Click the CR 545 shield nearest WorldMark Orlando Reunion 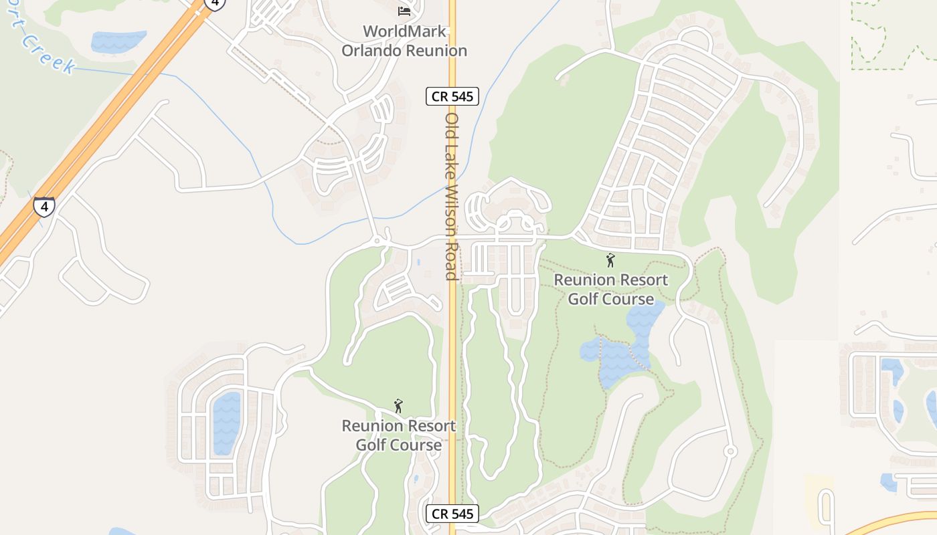[x=452, y=96]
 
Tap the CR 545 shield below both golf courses [x=452, y=514]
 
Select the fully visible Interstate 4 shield [x=44, y=207]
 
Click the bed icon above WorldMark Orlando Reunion [x=404, y=11]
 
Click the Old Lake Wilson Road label [x=452, y=196]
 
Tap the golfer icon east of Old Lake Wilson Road [x=610, y=260]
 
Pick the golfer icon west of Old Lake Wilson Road [x=398, y=406]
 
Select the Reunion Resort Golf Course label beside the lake [x=610, y=289]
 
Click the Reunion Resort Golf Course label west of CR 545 [x=398, y=435]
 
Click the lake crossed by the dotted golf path [x=619, y=351]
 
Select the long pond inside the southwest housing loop [x=226, y=421]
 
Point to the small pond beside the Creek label [x=118, y=41]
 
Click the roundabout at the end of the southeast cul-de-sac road [x=730, y=451]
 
